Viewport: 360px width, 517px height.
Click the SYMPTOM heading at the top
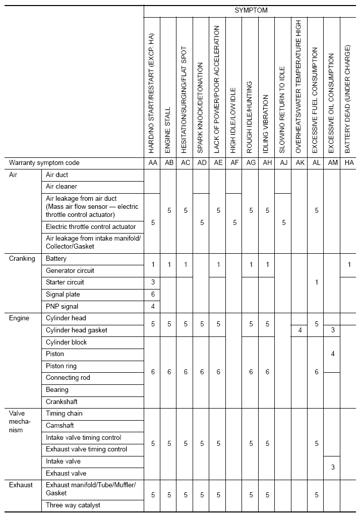click(251, 10)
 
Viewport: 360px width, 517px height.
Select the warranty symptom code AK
click(299, 163)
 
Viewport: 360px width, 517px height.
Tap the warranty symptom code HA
click(349, 163)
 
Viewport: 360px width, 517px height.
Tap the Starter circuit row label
click(65, 282)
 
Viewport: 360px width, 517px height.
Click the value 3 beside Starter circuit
click(152, 282)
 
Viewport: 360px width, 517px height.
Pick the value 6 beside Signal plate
click(152, 294)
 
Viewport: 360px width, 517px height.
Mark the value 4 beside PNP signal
click(152, 306)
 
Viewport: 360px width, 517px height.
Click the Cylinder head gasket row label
click(77, 330)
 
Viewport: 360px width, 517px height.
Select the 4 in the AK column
click(299, 330)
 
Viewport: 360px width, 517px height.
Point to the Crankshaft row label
click(62, 402)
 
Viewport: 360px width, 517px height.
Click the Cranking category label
click(22, 259)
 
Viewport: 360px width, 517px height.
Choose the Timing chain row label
click(64, 414)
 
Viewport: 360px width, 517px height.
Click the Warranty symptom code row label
click(44, 163)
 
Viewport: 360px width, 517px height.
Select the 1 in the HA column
click(349, 264)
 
